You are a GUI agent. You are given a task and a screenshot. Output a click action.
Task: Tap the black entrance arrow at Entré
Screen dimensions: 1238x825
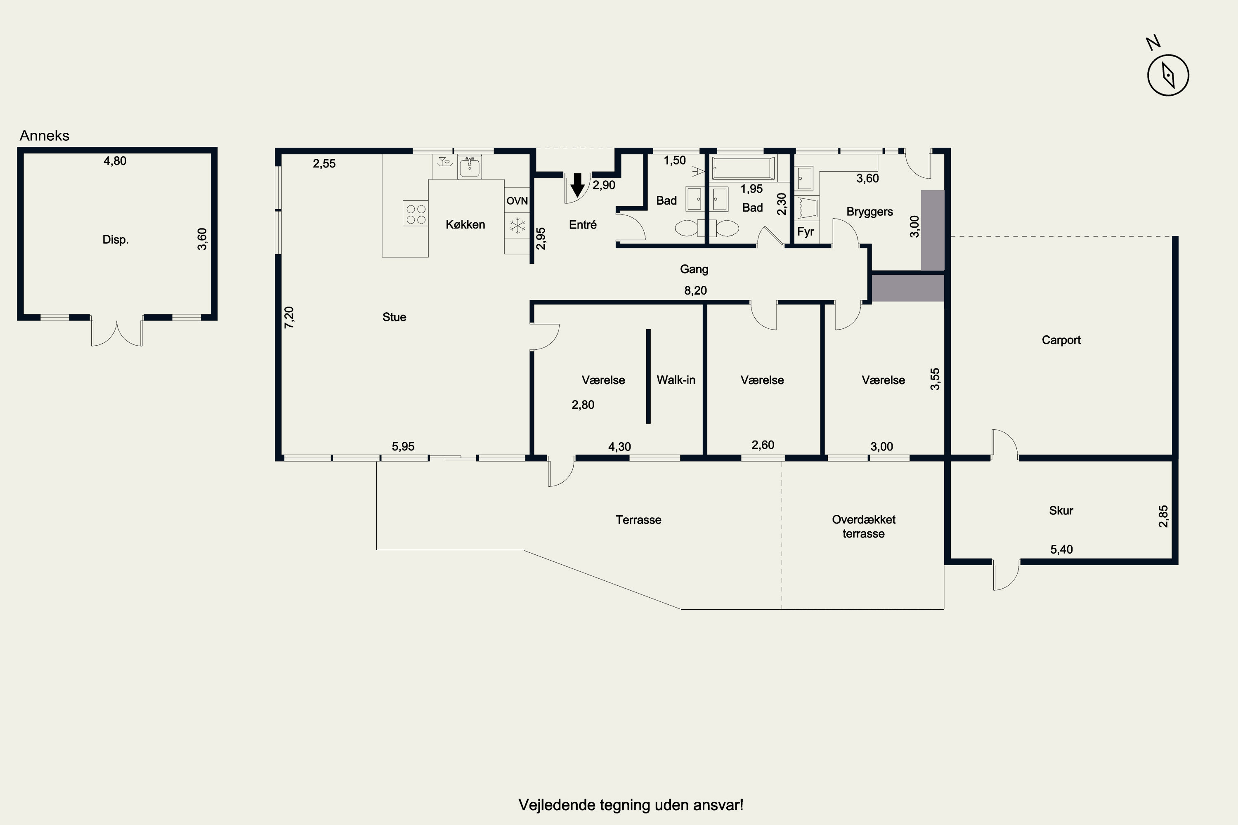click(x=577, y=185)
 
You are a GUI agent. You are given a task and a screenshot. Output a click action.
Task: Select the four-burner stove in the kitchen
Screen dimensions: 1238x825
click(x=415, y=213)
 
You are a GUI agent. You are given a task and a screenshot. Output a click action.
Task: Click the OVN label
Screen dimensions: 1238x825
click(x=517, y=200)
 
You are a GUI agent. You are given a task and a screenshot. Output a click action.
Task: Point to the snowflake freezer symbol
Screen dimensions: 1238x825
click(x=517, y=225)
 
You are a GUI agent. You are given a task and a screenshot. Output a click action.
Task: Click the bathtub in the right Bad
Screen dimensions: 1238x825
click(x=743, y=168)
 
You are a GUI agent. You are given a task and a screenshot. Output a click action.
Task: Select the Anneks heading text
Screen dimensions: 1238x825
click(x=44, y=136)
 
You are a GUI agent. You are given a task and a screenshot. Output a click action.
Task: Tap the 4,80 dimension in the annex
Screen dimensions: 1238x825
click(x=115, y=161)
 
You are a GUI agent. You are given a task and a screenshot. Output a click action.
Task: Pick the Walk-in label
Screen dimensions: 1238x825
click(x=676, y=380)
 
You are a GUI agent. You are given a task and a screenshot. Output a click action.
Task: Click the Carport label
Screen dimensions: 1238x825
click(x=1061, y=340)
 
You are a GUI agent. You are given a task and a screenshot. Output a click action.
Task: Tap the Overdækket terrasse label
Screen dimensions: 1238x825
click(x=864, y=526)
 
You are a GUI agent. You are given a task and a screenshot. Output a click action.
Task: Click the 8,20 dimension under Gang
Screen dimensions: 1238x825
click(x=695, y=290)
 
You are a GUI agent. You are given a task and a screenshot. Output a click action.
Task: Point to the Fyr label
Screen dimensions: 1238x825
click(x=806, y=231)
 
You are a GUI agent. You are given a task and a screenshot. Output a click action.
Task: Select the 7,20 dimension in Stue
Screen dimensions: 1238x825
click(x=289, y=317)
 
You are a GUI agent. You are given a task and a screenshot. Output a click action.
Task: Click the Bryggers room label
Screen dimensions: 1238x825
click(x=869, y=212)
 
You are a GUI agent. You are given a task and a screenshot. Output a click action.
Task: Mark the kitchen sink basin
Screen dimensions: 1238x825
click(x=469, y=167)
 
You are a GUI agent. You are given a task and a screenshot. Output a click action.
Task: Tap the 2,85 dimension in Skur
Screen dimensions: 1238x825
click(x=1163, y=516)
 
